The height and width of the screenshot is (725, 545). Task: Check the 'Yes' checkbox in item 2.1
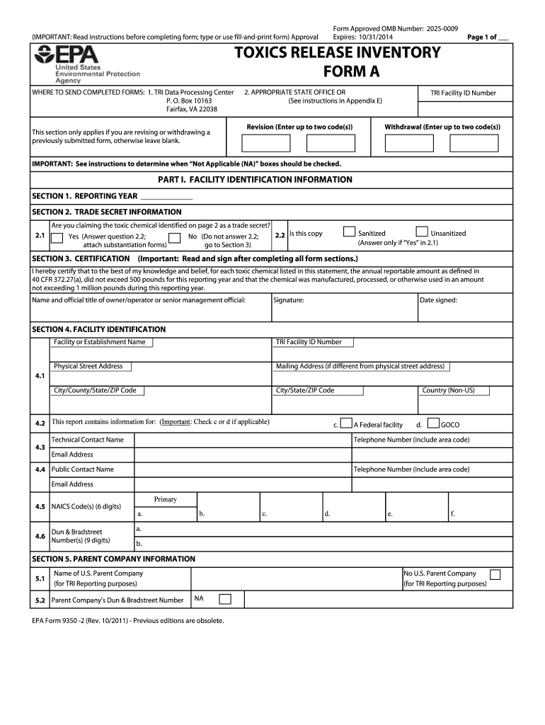[58, 238]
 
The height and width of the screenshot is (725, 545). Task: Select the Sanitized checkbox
[349, 232]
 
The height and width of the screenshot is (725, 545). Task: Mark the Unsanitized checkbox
[422, 232]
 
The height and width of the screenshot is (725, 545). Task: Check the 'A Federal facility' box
[346, 423]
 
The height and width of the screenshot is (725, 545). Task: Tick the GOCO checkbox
[434, 423]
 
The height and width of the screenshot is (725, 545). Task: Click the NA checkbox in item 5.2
[224, 600]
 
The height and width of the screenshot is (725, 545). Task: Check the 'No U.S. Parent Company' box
[496, 574]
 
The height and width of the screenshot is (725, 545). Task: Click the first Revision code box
[261, 143]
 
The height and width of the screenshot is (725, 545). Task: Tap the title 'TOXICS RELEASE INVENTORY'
[338, 53]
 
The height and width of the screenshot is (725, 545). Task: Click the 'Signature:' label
[289, 300]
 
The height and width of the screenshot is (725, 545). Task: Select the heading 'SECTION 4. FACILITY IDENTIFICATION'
[99, 329]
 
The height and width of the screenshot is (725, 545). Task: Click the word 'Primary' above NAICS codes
[165, 499]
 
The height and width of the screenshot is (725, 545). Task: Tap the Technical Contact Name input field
[243, 440]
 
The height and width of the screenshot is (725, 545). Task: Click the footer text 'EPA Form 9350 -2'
[67, 620]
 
